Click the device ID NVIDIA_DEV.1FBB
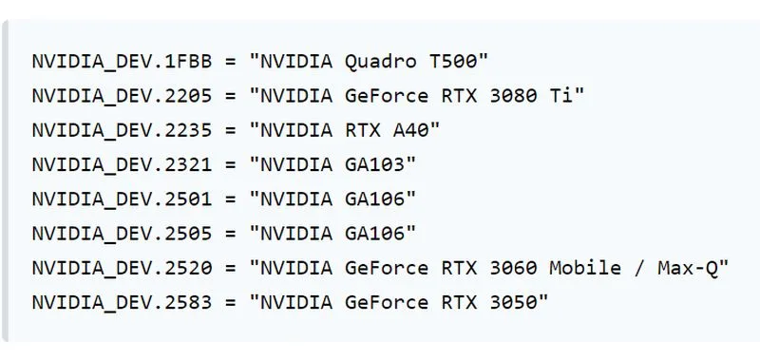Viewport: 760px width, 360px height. pos(123,62)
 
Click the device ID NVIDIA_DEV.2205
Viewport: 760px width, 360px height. pos(123,96)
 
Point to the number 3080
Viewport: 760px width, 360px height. pos(513,96)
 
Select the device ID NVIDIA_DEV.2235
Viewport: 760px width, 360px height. pos(123,130)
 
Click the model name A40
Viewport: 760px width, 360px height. pos(410,130)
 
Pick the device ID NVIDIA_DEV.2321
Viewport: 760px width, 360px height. pos(123,164)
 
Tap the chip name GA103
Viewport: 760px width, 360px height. pos(374,164)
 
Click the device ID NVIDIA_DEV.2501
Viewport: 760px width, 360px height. pos(123,199)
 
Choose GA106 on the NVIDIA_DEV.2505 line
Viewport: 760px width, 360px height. pos(374,234)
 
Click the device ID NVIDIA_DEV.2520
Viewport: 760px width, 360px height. pos(123,268)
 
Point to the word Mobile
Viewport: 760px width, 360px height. pos(585,268)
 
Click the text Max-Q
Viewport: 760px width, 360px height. pos(687,269)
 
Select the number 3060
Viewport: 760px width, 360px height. pos(513,268)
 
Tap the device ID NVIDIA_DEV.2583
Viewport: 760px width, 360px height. pos(123,302)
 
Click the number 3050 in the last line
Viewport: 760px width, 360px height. pos(513,302)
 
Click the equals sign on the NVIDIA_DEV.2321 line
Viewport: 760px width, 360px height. pos(230,165)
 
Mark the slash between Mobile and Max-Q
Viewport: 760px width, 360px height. pos(639,269)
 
